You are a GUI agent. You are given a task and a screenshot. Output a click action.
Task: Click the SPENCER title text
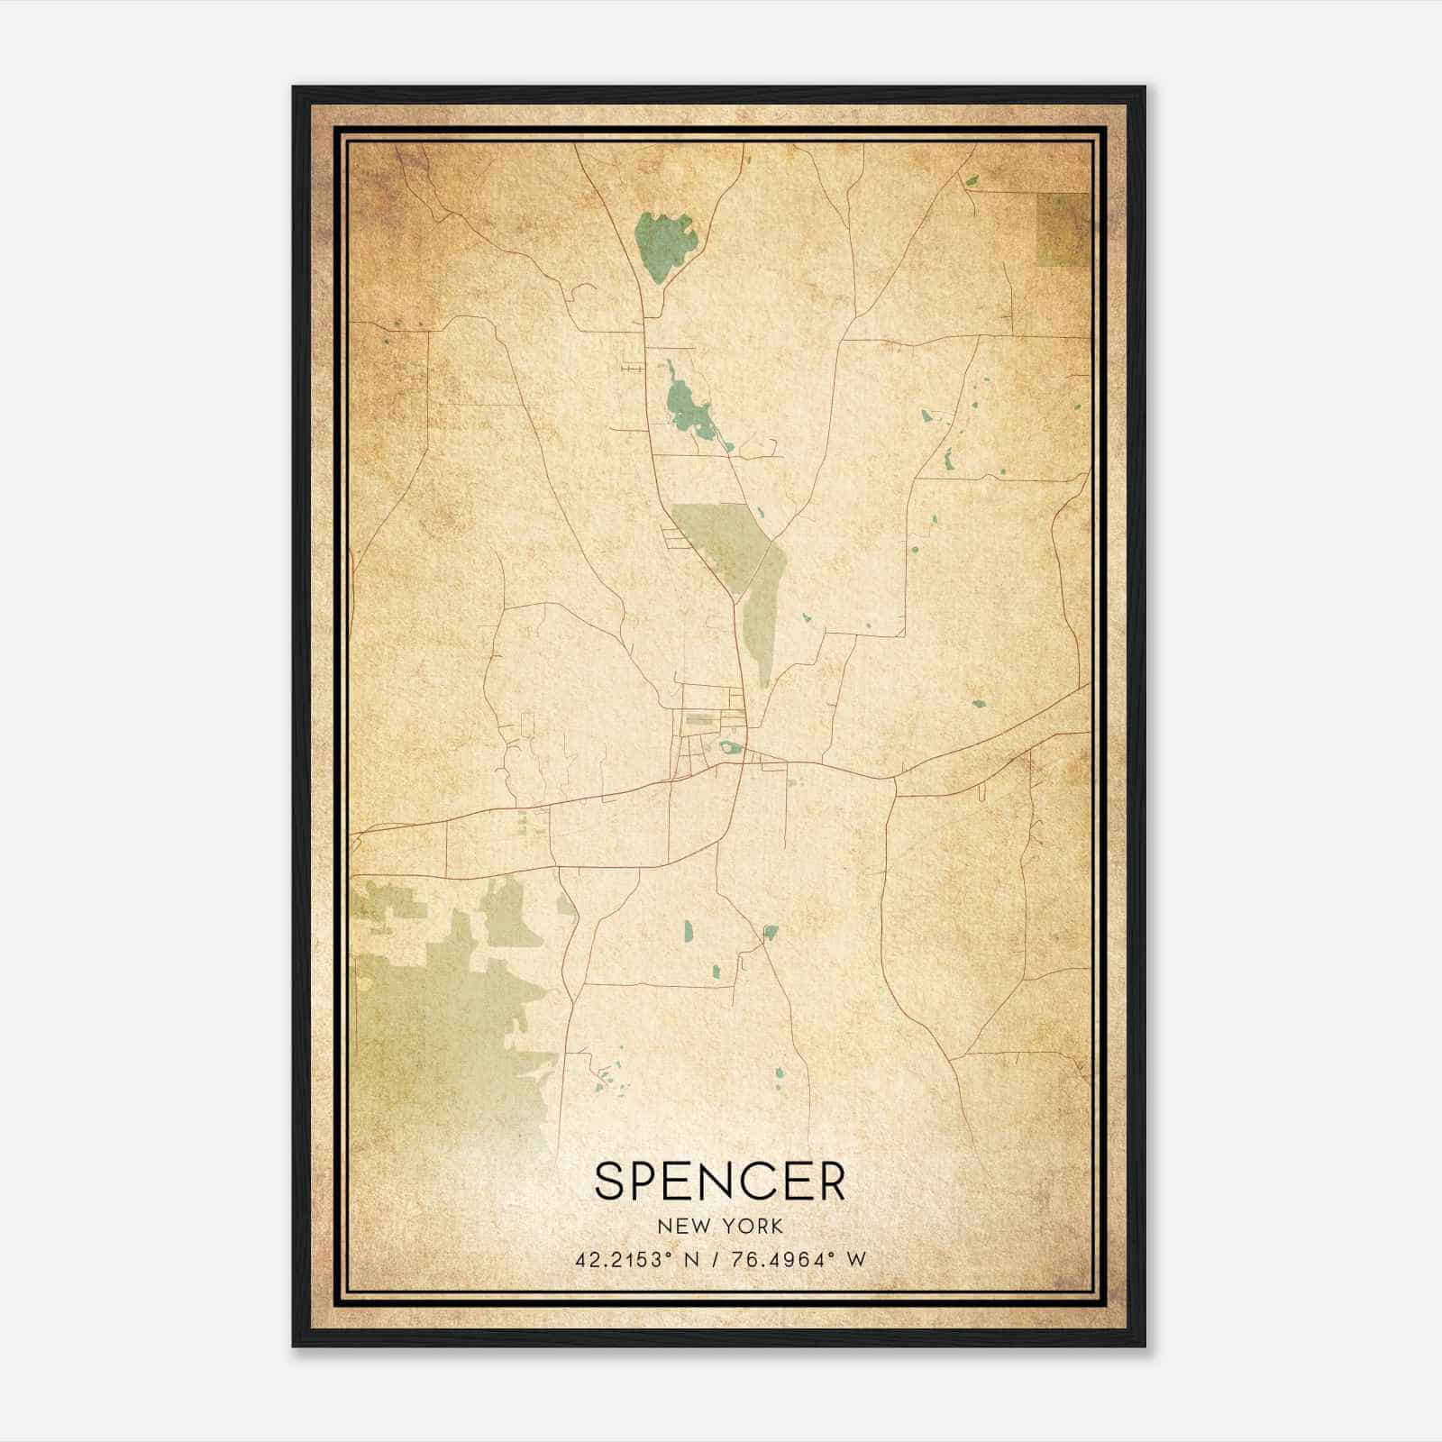(x=719, y=1181)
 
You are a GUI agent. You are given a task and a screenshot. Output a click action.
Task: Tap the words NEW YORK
(x=720, y=1226)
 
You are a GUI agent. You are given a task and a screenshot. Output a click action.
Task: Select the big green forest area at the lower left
(x=442, y=1018)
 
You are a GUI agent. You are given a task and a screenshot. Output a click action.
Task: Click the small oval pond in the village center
(x=727, y=746)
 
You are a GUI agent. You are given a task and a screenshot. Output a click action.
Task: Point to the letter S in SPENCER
(x=611, y=1181)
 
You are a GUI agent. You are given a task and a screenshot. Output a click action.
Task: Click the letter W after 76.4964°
(x=857, y=1260)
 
